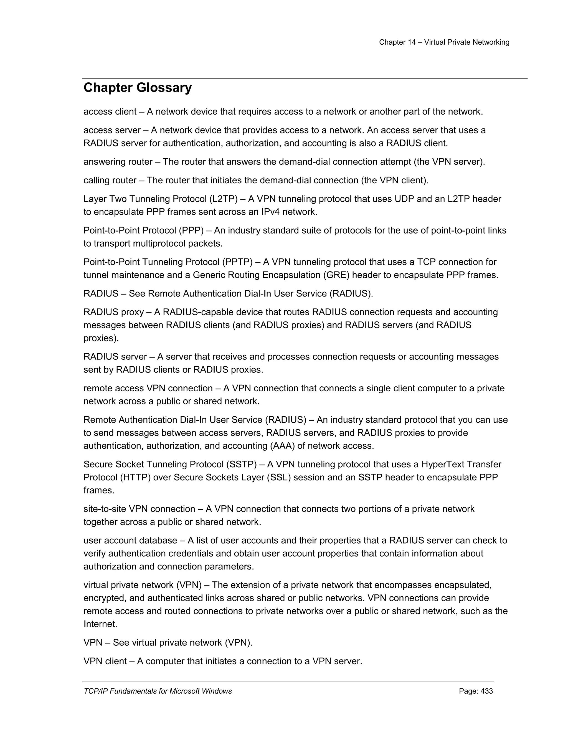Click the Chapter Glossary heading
pos(138,88)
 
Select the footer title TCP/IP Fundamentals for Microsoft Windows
pos(158,691)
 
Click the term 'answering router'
pos(118,162)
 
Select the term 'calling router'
pos(110,180)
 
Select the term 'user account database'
pos(130,541)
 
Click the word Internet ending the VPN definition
pos(100,624)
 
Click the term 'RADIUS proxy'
pos(113,312)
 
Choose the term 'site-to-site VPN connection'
pos(139,509)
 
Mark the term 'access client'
pos(110,112)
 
